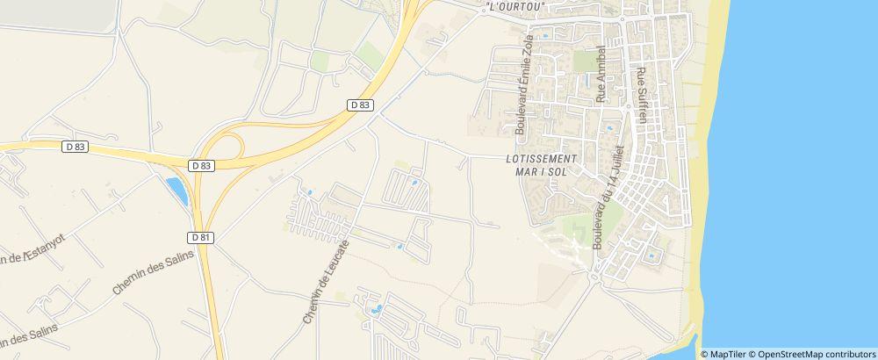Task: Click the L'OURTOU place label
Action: [x=515, y=6]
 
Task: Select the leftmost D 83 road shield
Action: [x=76, y=147]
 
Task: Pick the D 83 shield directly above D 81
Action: [x=201, y=165]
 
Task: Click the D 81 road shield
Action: [x=201, y=237]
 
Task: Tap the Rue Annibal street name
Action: [x=601, y=76]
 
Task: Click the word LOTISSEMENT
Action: [x=543, y=159]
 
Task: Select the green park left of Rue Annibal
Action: [x=584, y=61]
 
